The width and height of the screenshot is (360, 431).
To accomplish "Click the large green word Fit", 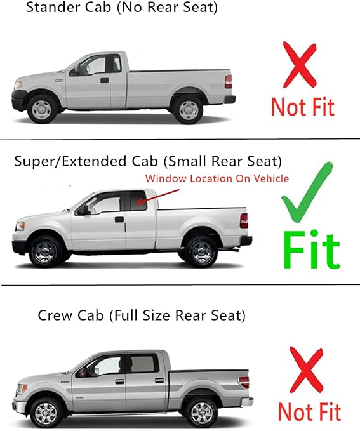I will [311, 249].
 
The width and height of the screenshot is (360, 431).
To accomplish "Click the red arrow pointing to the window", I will [151, 195].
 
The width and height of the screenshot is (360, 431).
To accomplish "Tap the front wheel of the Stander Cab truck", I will [43, 107].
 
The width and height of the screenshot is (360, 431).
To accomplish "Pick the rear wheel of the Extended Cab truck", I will [203, 251].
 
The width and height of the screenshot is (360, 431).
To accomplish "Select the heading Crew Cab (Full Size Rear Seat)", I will [142, 315].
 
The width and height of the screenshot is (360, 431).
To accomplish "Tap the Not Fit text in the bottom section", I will [310, 412].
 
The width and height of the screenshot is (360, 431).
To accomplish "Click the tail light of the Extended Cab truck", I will [244, 220].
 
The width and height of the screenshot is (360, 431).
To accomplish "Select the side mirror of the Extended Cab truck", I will [81, 210].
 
